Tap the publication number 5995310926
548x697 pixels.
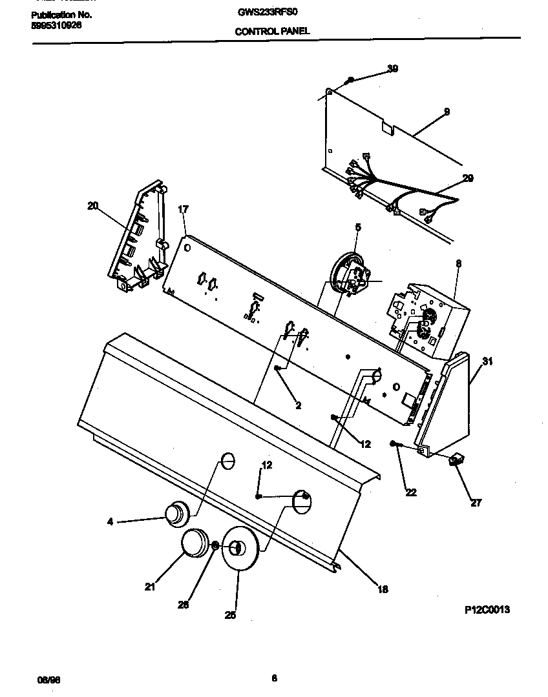56,26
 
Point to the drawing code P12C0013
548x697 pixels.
487,609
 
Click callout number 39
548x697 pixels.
392,68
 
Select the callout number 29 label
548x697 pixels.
467,178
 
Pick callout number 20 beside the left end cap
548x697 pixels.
93,206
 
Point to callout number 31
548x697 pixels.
487,361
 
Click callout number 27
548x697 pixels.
476,503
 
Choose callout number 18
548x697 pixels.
383,589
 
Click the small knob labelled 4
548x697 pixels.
174,514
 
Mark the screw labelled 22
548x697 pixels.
396,444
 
